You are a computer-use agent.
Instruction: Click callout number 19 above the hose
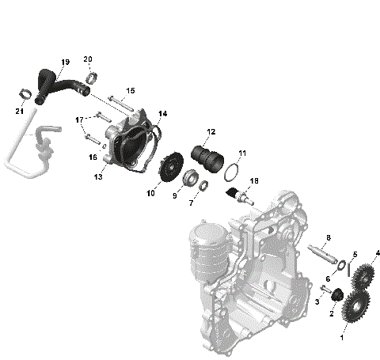64,62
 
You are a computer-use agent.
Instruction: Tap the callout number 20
88,59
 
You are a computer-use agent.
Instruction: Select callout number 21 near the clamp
18,110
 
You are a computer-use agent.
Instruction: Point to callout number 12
211,131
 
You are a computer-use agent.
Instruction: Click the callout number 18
255,181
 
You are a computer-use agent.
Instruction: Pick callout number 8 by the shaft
328,237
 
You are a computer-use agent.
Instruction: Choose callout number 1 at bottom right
342,337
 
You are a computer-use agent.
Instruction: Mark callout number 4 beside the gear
378,253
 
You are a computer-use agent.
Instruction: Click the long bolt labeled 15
120,102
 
